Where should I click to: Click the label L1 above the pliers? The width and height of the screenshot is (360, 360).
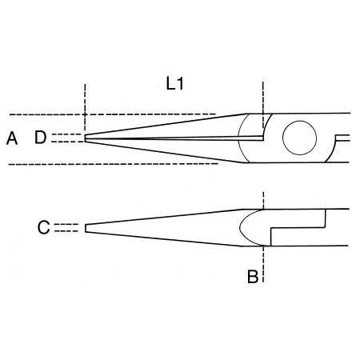click(x=175, y=83)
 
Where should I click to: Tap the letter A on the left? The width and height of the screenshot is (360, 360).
click(x=11, y=138)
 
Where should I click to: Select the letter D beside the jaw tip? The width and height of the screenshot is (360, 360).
click(x=41, y=138)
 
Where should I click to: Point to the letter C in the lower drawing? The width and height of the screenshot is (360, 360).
click(x=43, y=228)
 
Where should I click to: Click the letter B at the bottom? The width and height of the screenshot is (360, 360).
click(x=252, y=278)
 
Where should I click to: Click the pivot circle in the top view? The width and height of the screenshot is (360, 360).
click(x=300, y=138)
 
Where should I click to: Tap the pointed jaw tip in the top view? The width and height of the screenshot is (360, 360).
click(x=86, y=138)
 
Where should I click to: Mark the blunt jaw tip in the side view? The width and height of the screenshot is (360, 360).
click(x=86, y=228)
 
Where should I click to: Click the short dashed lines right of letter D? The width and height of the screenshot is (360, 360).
click(x=70, y=138)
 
